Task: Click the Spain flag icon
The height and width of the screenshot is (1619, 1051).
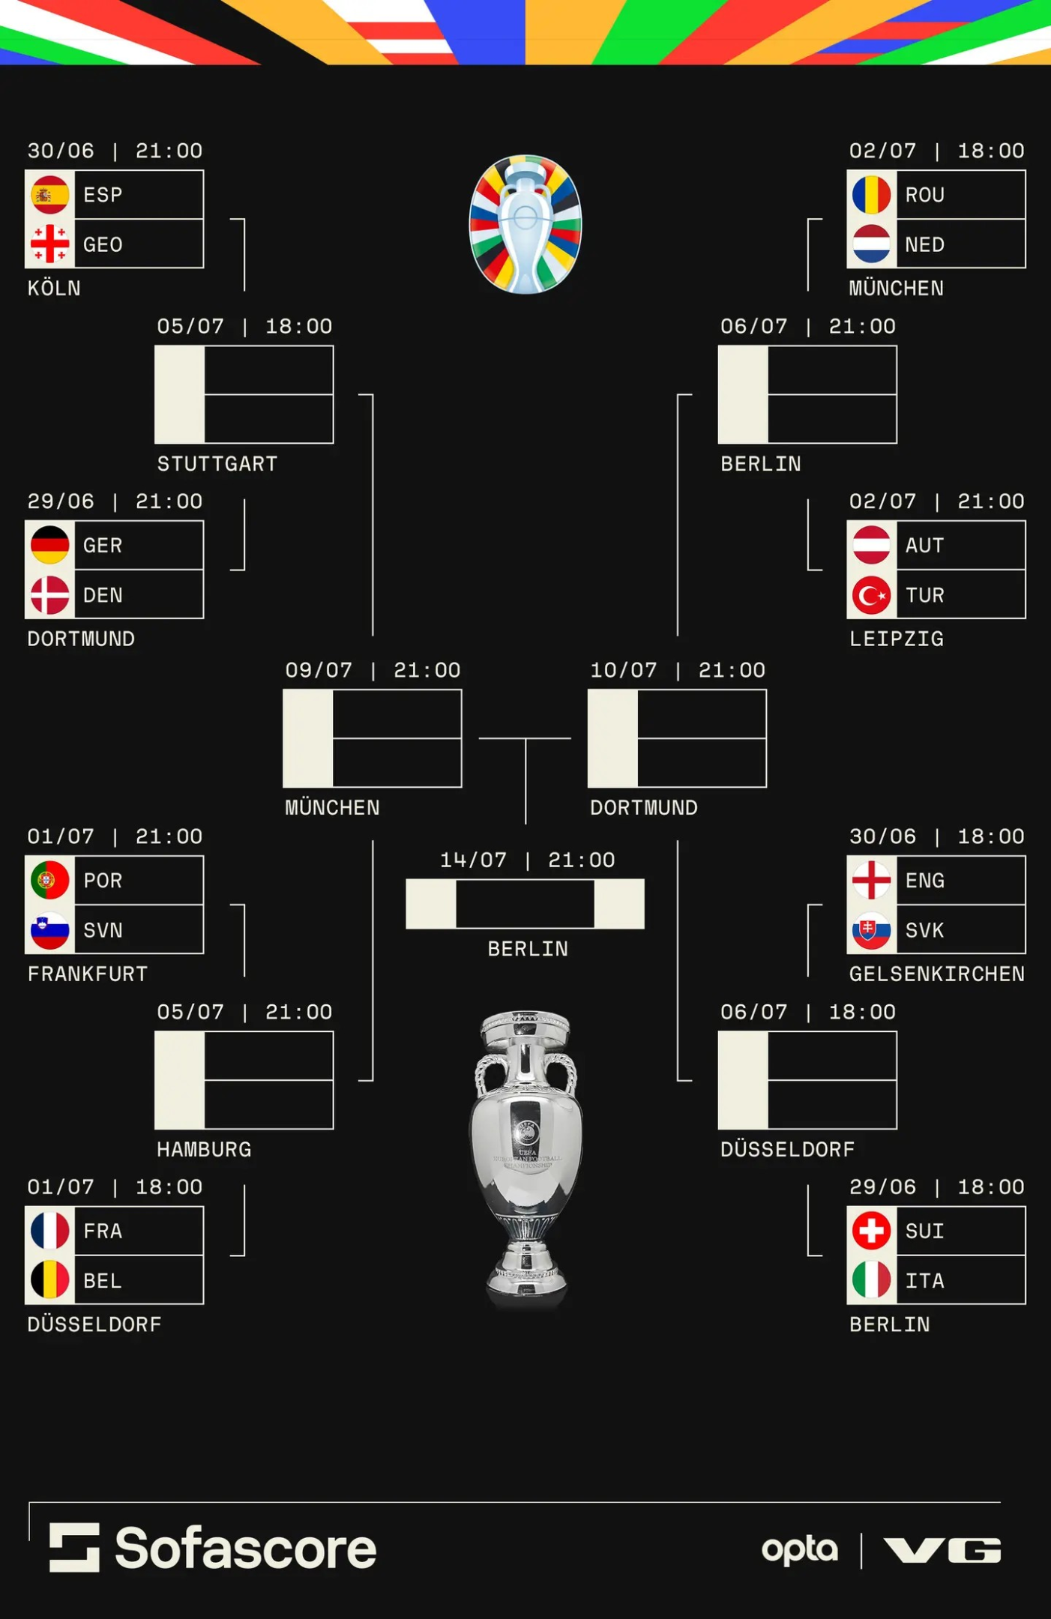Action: coord(49,195)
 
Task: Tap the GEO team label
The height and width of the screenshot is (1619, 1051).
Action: coord(103,244)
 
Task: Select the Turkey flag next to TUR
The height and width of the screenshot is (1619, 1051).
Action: coord(871,595)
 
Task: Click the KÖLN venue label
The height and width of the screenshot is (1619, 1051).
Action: coord(54,288)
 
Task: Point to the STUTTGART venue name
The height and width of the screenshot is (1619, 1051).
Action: coord(217,464)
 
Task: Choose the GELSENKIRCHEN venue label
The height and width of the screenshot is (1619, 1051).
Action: coord(937,974)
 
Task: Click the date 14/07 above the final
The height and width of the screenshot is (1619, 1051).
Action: coord(473,860)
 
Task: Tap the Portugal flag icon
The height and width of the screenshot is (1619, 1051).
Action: coord(49,880)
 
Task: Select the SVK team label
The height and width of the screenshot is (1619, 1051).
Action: coord(924,930)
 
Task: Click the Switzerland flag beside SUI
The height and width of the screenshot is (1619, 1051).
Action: coord(871,1231)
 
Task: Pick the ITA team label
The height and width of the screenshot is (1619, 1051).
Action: coord(924,1281)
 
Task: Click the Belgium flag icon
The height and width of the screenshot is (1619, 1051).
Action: coord(49,1280)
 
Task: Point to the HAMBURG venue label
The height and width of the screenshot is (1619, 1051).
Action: coord(204,1149)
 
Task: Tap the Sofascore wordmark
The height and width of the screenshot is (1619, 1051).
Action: coord(245,1549)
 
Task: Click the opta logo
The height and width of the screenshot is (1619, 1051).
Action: coord(799,1550)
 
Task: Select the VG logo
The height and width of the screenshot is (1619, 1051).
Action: coord(942,1550)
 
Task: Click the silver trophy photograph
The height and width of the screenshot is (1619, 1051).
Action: coord(525,1159)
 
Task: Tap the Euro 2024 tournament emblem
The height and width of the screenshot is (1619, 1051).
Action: coord(525,224)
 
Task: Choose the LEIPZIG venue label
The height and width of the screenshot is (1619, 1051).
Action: coord(897,639)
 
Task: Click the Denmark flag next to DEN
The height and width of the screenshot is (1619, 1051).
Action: coord(49,595)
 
